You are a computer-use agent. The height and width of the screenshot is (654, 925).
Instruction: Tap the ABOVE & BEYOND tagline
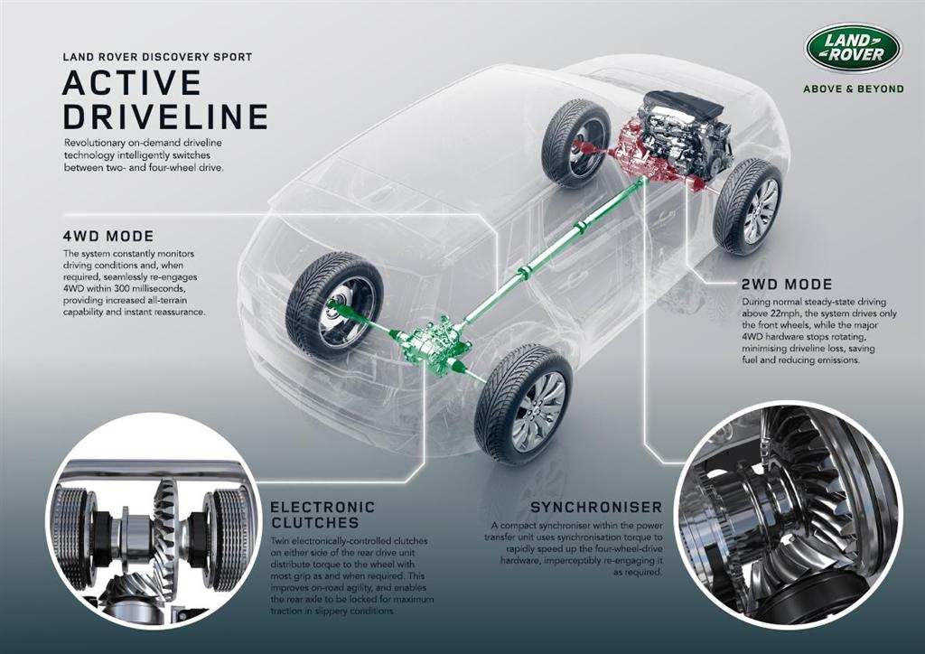click(x=853, y=89)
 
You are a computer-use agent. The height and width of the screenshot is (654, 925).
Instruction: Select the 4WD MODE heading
click(x=108, y=237)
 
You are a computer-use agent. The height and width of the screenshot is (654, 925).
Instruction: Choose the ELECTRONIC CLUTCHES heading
click(x=322, y=515)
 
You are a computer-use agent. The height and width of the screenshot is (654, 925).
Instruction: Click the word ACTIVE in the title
click(x=132, y=83)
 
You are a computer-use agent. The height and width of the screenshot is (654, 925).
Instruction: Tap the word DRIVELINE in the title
click(x=165, y=117)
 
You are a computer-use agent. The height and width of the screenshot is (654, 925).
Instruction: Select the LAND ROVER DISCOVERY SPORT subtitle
click(x=157, y=57)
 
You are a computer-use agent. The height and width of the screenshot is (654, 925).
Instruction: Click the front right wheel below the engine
click(x=748, y=207)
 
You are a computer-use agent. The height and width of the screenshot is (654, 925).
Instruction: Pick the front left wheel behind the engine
click(x=575, y=143)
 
